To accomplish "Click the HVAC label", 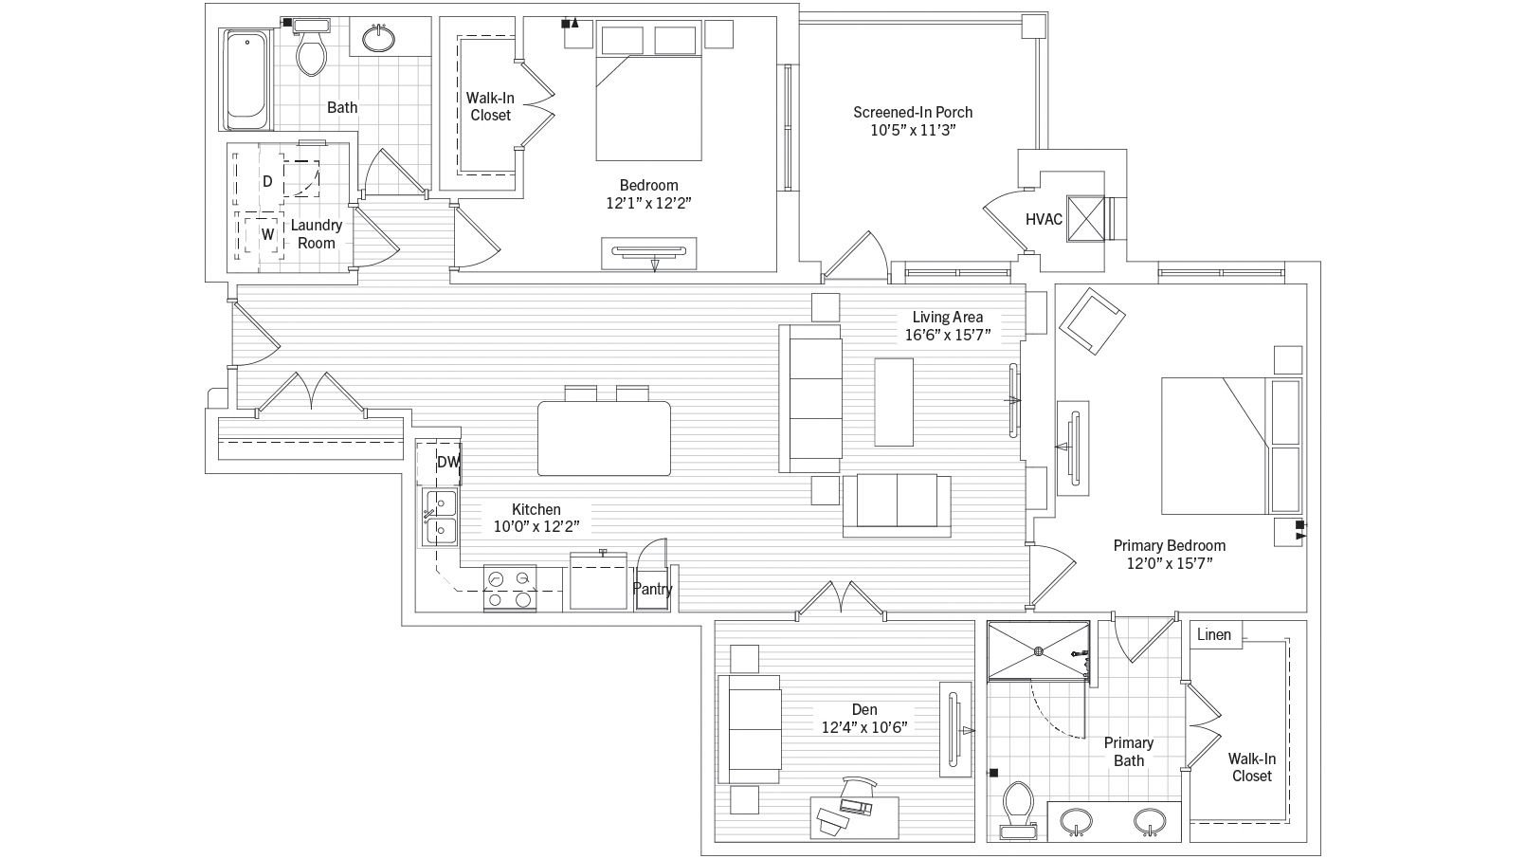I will click(x=1044, y=219).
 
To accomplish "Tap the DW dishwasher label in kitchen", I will click(x=447, y=463).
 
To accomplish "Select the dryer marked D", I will click(x=267, y=181).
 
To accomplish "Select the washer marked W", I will click(x=267, y=234).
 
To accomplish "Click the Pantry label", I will click(x=652, y=589).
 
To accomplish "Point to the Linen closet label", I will click(x=1214, y=634).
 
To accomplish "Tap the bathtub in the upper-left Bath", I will click(x=247, y=80).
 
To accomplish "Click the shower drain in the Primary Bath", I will click(x=1038, y=650).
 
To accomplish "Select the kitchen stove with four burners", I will click(x=510, y=588).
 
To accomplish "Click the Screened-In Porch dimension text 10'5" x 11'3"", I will click(x=913, y=131).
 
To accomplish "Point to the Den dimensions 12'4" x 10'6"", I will click(x=864, y=727).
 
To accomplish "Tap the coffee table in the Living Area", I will click(x=893, y=401).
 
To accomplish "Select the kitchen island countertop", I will click(x=604, y=438).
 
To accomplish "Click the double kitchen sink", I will click(x=440, y=517).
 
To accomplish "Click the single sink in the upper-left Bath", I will click(x=379, y=39).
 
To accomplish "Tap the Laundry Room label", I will click(x=316, y=234).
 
